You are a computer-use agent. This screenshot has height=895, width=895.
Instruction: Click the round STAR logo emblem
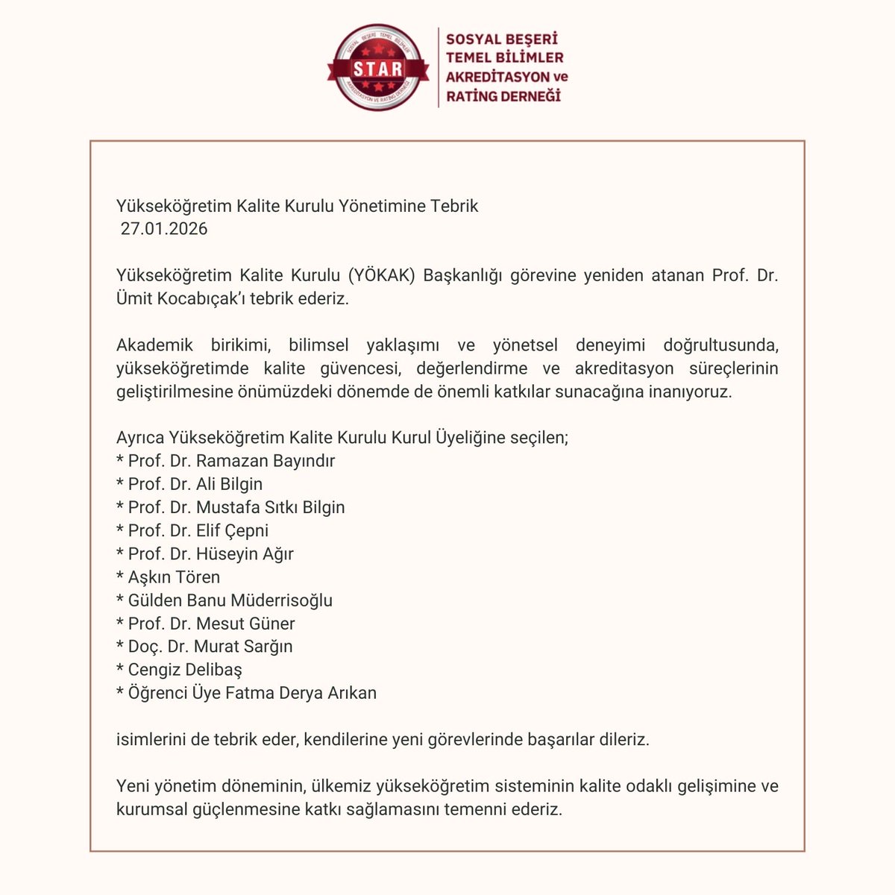coord(378,69)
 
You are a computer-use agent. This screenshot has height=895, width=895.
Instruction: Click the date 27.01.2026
coord(164,229)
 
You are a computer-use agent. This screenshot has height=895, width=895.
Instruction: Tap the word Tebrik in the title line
coord(454,206)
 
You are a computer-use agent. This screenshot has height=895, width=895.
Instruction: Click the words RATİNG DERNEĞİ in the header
coord(503,96)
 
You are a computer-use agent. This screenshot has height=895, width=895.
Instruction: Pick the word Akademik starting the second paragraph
coord(154,345)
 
